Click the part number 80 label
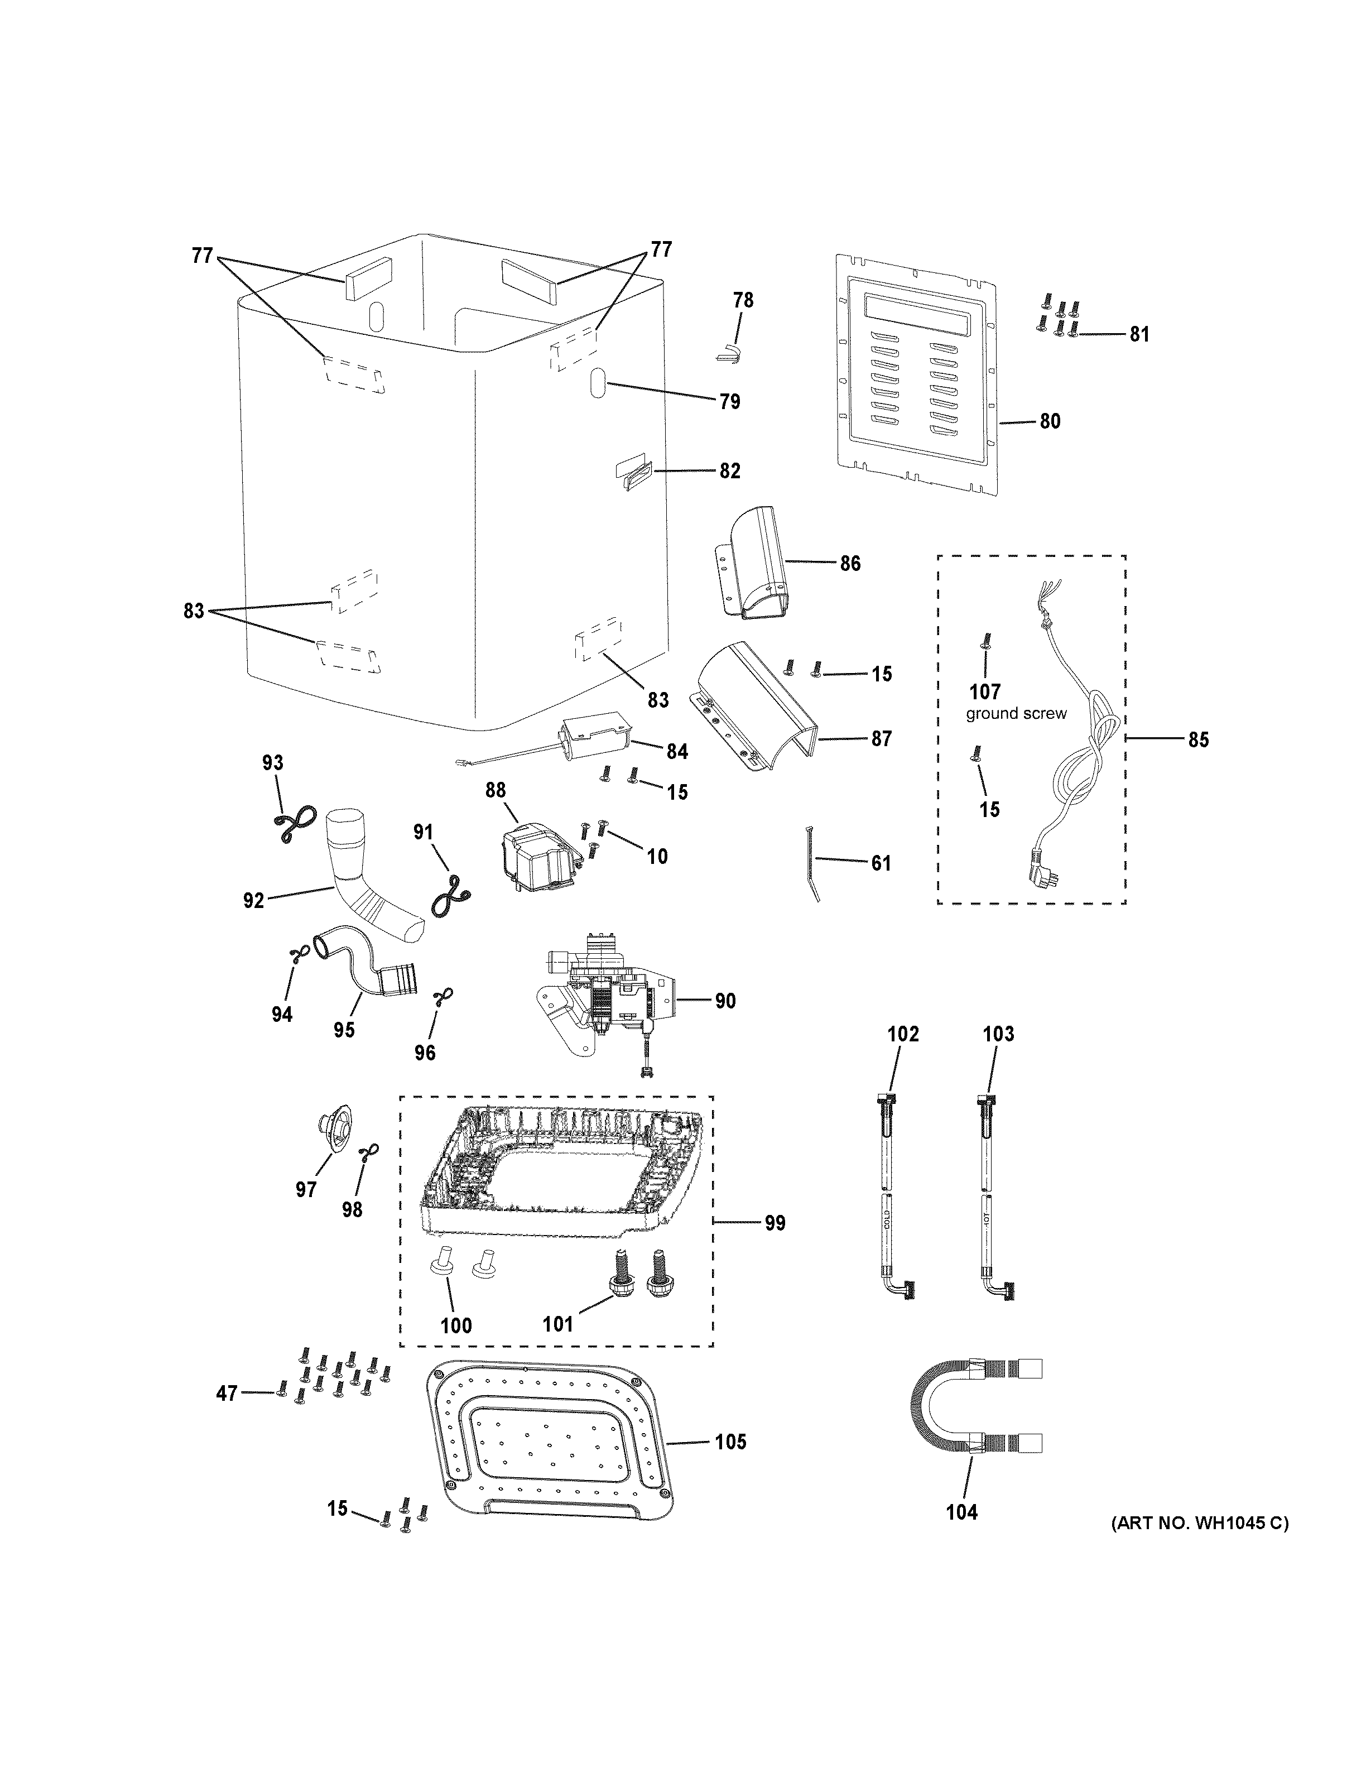pos(1049,421)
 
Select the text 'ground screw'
pos(1016,714)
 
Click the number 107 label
pos(985,691)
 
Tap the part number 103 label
pos(998,1034)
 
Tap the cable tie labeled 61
pos(813,862)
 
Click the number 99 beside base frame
pos(775,1245)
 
